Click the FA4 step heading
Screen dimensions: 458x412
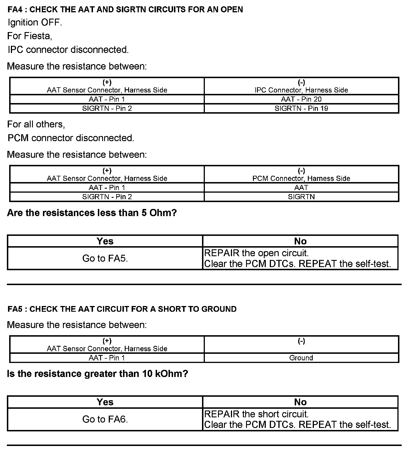[125, 9]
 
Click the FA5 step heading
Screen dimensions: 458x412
[122, 309]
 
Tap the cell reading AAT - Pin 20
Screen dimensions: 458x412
[301, 99]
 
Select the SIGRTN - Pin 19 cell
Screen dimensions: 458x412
[301, 108]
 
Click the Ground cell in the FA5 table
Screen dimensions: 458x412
[301, 358]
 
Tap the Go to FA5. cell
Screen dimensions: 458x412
[105, 258]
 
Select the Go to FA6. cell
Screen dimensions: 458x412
[105, 419]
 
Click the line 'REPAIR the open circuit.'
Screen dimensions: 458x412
[256, 253]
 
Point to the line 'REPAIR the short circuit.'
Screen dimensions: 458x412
[256, 414]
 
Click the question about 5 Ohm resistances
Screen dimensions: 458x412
[92, 213]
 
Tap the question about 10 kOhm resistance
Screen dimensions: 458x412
[98, 374]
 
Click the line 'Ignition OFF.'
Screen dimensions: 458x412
[35, 22]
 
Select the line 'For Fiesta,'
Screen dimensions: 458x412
[29, 36]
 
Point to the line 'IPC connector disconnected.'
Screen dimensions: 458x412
[68, 50]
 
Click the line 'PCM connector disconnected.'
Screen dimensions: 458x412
[71, 138]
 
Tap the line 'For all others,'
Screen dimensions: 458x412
[36, 124]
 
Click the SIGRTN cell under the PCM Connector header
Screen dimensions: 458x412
[301, 197]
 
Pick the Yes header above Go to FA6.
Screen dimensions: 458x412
[105, 402]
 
